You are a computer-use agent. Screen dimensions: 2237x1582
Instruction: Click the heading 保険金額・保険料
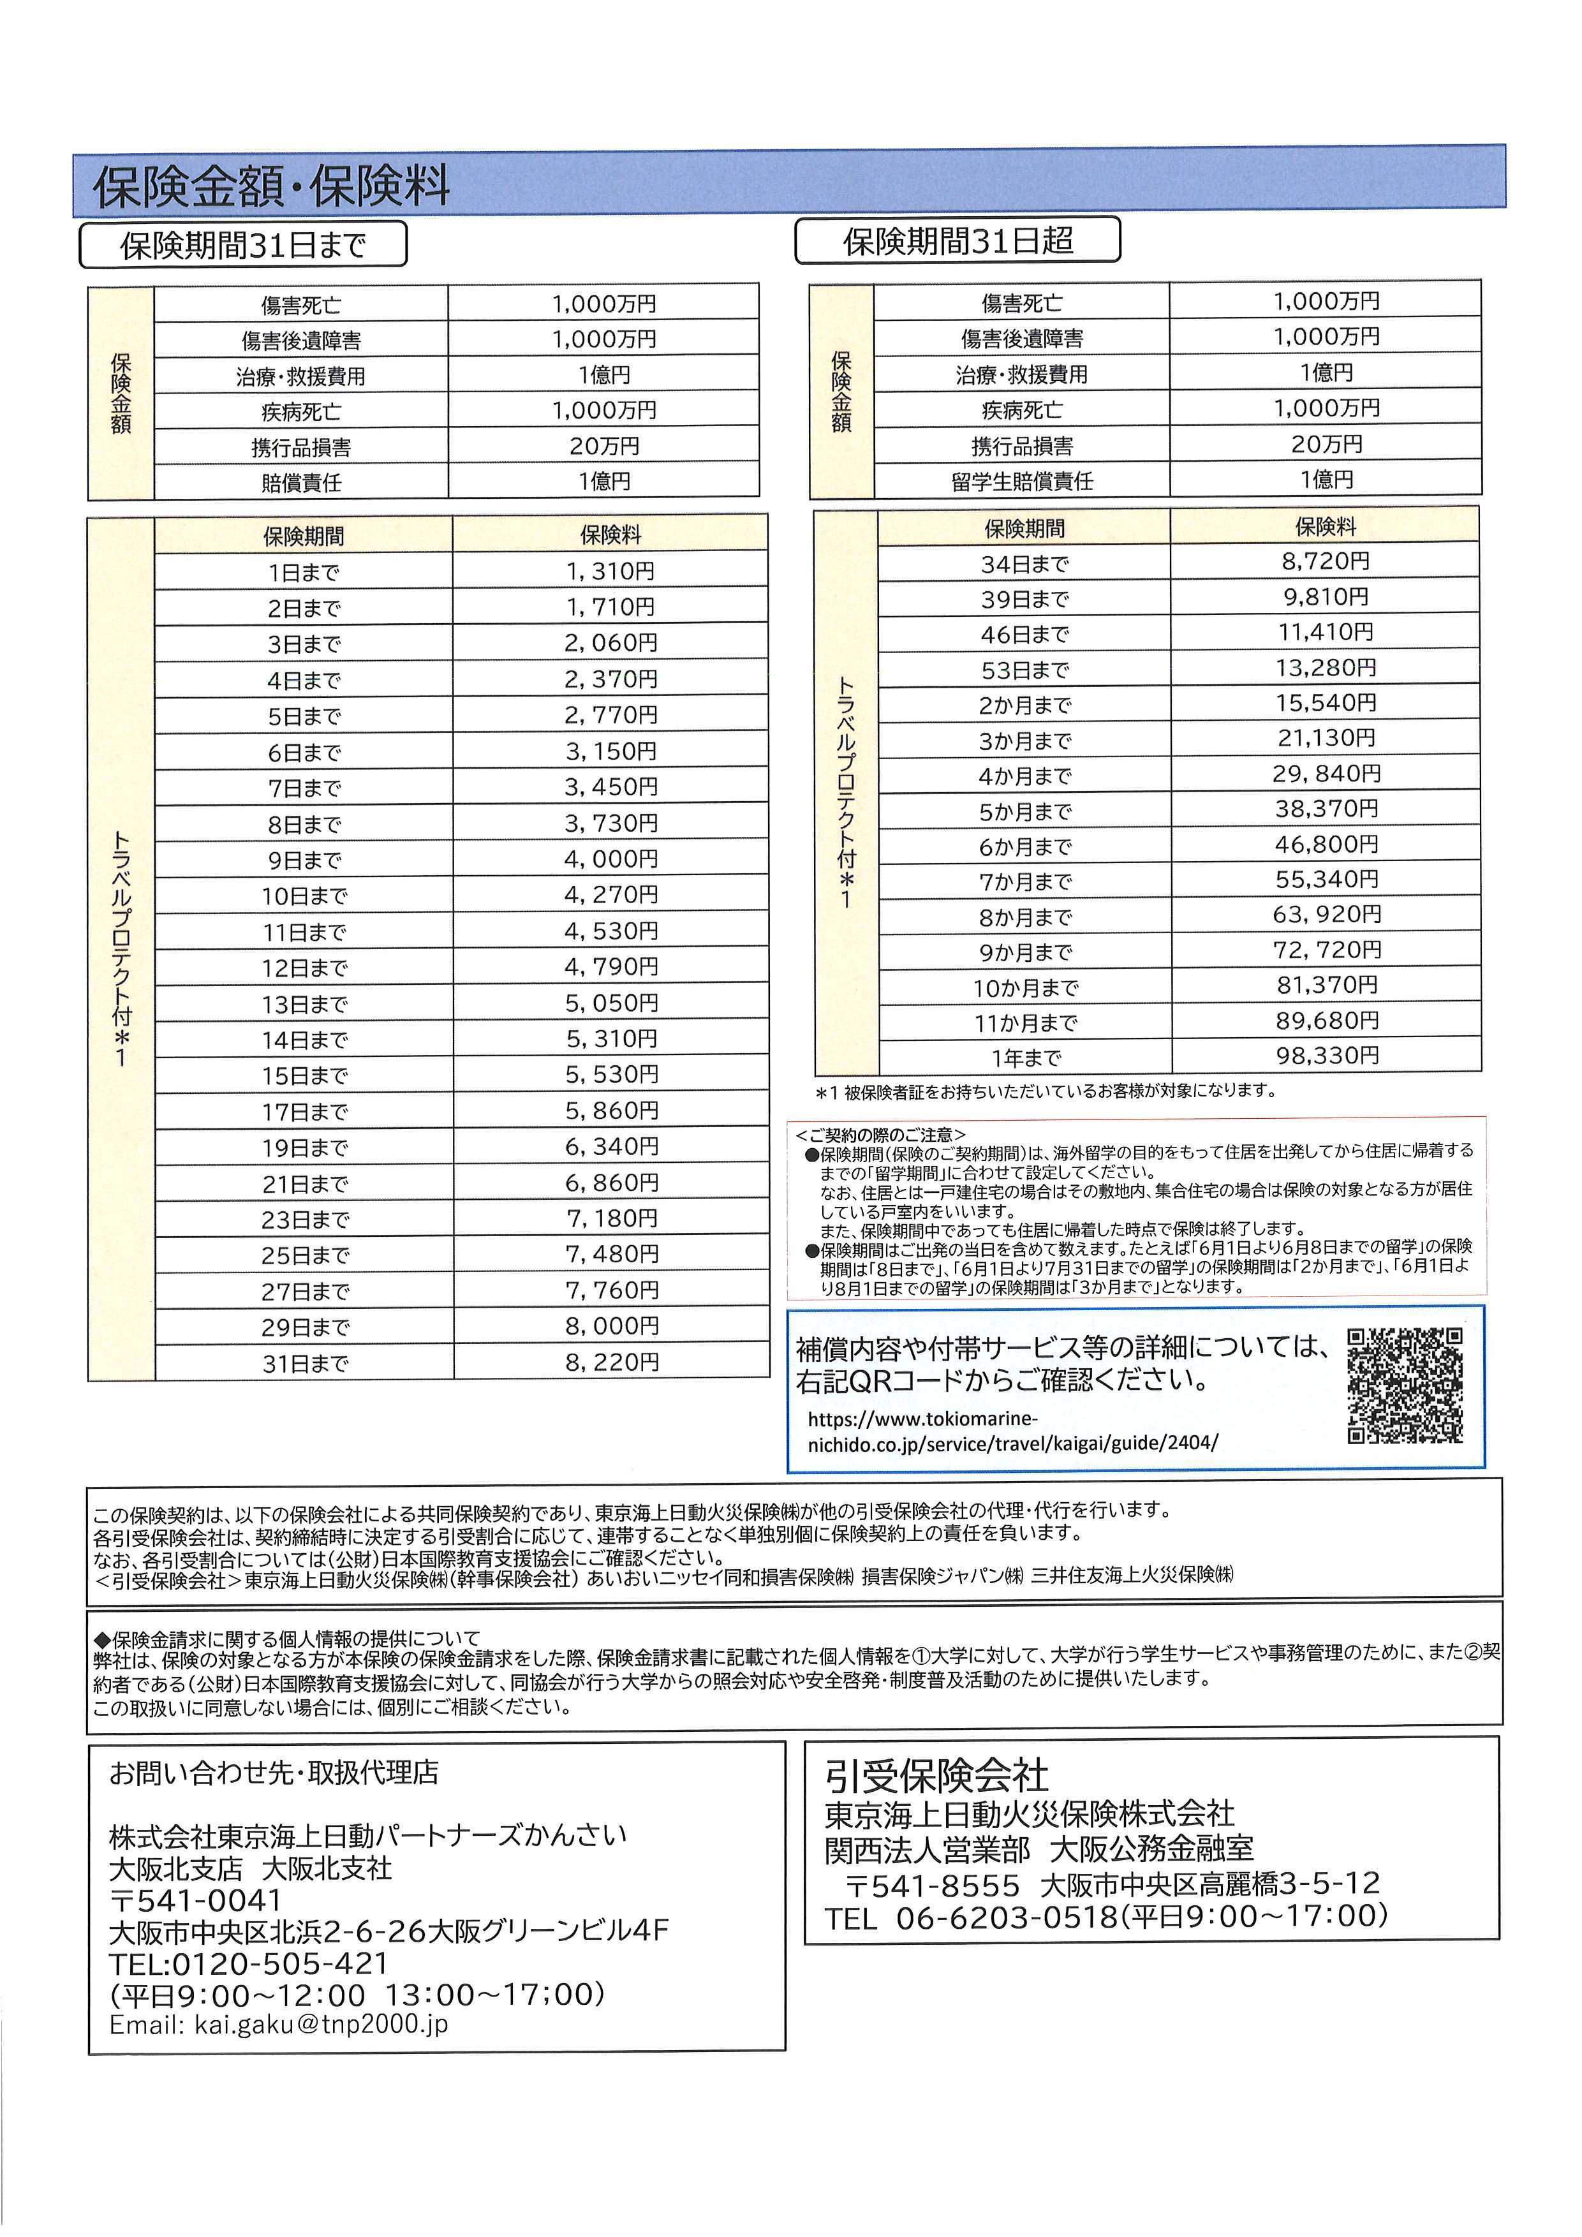coord(271,185)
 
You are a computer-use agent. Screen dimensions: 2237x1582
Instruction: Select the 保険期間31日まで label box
coord(242,244)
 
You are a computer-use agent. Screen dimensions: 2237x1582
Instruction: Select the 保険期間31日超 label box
coord(957,240)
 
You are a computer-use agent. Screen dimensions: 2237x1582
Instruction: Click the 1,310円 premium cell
coord(610,571)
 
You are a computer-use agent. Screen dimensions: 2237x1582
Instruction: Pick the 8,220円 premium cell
coord(610,1361)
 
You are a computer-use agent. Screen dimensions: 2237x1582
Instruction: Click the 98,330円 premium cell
coord(1327,1055)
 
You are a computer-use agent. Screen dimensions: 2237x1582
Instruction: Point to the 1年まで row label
coord(1025,1057)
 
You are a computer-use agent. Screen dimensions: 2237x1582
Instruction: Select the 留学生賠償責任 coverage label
coord(1022,480)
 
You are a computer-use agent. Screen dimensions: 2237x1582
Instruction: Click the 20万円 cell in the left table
coord(604,445)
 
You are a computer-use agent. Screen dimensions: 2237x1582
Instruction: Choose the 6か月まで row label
coord(1025,846)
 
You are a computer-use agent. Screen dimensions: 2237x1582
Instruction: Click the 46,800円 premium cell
coord(1327,844)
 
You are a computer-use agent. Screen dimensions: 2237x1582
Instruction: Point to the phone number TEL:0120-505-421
coord(249,1963)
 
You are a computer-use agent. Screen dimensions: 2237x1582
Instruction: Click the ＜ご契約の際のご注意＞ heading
coord(880,1134)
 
